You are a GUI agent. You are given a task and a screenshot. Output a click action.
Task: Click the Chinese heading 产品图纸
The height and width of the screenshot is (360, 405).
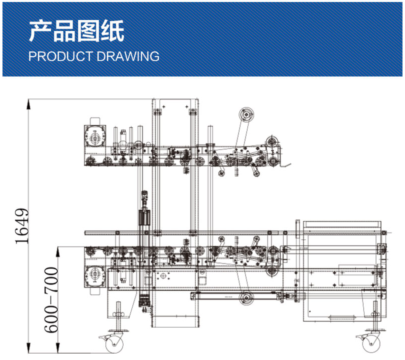point(76,31)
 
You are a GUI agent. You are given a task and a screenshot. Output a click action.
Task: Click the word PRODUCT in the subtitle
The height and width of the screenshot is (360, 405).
point(58,56)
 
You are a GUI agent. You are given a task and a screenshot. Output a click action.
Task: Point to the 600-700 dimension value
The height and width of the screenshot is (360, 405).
point(51,300)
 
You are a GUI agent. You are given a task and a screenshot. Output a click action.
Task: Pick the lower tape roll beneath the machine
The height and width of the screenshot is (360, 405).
point(246,299)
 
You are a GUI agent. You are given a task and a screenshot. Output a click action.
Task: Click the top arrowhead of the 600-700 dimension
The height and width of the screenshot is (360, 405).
point(58,249)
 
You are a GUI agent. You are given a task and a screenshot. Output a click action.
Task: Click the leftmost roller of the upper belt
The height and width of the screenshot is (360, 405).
point(90,161)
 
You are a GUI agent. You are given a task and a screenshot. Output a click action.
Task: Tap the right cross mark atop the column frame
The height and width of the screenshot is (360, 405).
point(186,107)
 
